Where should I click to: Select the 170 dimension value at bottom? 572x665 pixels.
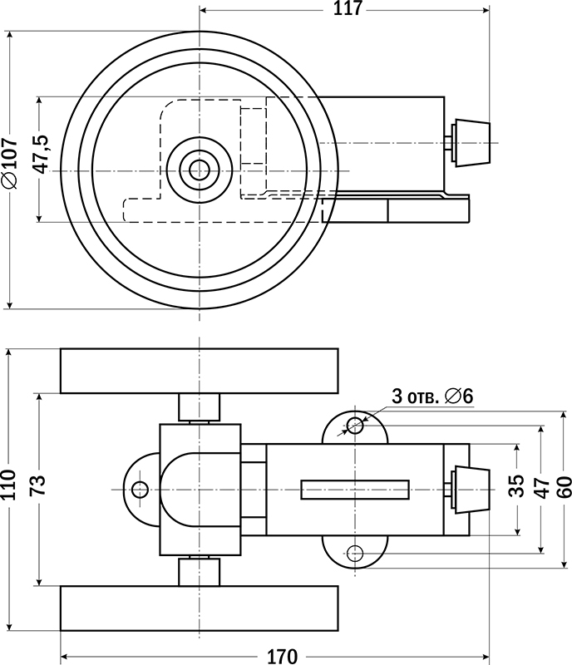pyautogui.click(x=281, y=656)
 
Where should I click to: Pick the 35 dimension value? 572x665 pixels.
pyautogui.click(x=516, y=487)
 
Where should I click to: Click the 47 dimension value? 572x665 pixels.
pyautogui.click(x=540, y=487)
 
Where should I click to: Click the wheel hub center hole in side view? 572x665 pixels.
pyautogui.click(x=200, y=170)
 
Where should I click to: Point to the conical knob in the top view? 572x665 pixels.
pyautogui.click(x=471, y=489)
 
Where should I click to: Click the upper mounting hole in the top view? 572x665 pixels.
pyautogui.click(x=356, y=426)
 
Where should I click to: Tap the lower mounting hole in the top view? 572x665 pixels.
pyautogui.click(x=356, y=552)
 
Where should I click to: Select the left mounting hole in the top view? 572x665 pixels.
pyautogui.click(x=139, y=489)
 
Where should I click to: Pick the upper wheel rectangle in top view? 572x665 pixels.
pyautogui.click(x=200, y=371)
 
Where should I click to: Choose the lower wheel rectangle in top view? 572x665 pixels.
pyautogui.click(x=200, y=608)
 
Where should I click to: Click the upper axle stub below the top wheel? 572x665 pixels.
pyautogui.click(x=200, y=407)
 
